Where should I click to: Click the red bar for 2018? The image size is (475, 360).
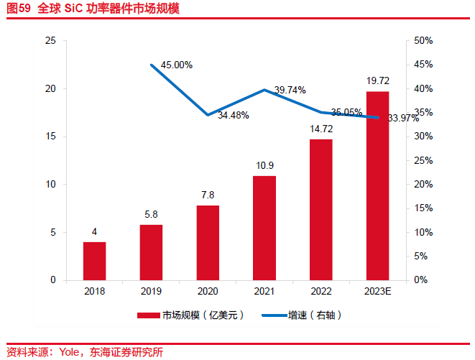coord(94,261)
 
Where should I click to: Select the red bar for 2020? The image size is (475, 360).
coord(208,243)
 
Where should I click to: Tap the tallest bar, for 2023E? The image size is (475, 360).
coord(377,185)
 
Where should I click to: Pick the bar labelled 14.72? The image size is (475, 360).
coord(320,209)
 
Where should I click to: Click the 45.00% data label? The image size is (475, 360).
coord(177,65)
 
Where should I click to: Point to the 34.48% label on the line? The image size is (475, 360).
coord(234,115)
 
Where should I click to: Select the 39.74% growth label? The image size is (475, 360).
coord(290,90)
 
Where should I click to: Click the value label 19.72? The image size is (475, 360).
coord(377,80)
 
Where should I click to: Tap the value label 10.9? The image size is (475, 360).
coord(264,165)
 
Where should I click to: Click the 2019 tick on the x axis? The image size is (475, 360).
coord(151,291)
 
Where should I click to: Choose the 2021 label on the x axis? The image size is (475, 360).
coord(264,291)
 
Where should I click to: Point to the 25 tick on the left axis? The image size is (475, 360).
coord(50,41)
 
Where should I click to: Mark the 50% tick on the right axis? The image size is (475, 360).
coord(423,41)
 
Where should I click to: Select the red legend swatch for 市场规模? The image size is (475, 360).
coord(147,315)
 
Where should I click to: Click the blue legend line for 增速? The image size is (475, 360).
coord(273,315)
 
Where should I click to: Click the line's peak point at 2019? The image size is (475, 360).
coord(151,65)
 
